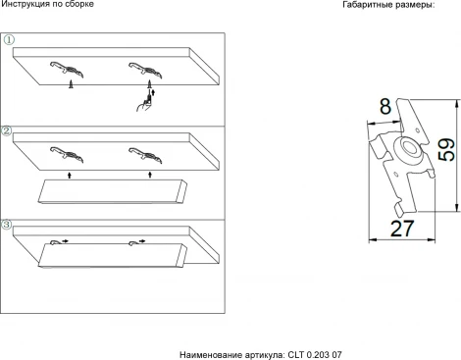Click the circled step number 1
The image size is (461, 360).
7,40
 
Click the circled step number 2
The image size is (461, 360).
7,129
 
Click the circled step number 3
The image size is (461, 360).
7,225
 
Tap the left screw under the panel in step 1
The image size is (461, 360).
73,86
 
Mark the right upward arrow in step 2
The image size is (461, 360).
149,174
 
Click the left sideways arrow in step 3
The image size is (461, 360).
64,239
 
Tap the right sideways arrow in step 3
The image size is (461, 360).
143,239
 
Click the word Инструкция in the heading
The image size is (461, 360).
28,7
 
